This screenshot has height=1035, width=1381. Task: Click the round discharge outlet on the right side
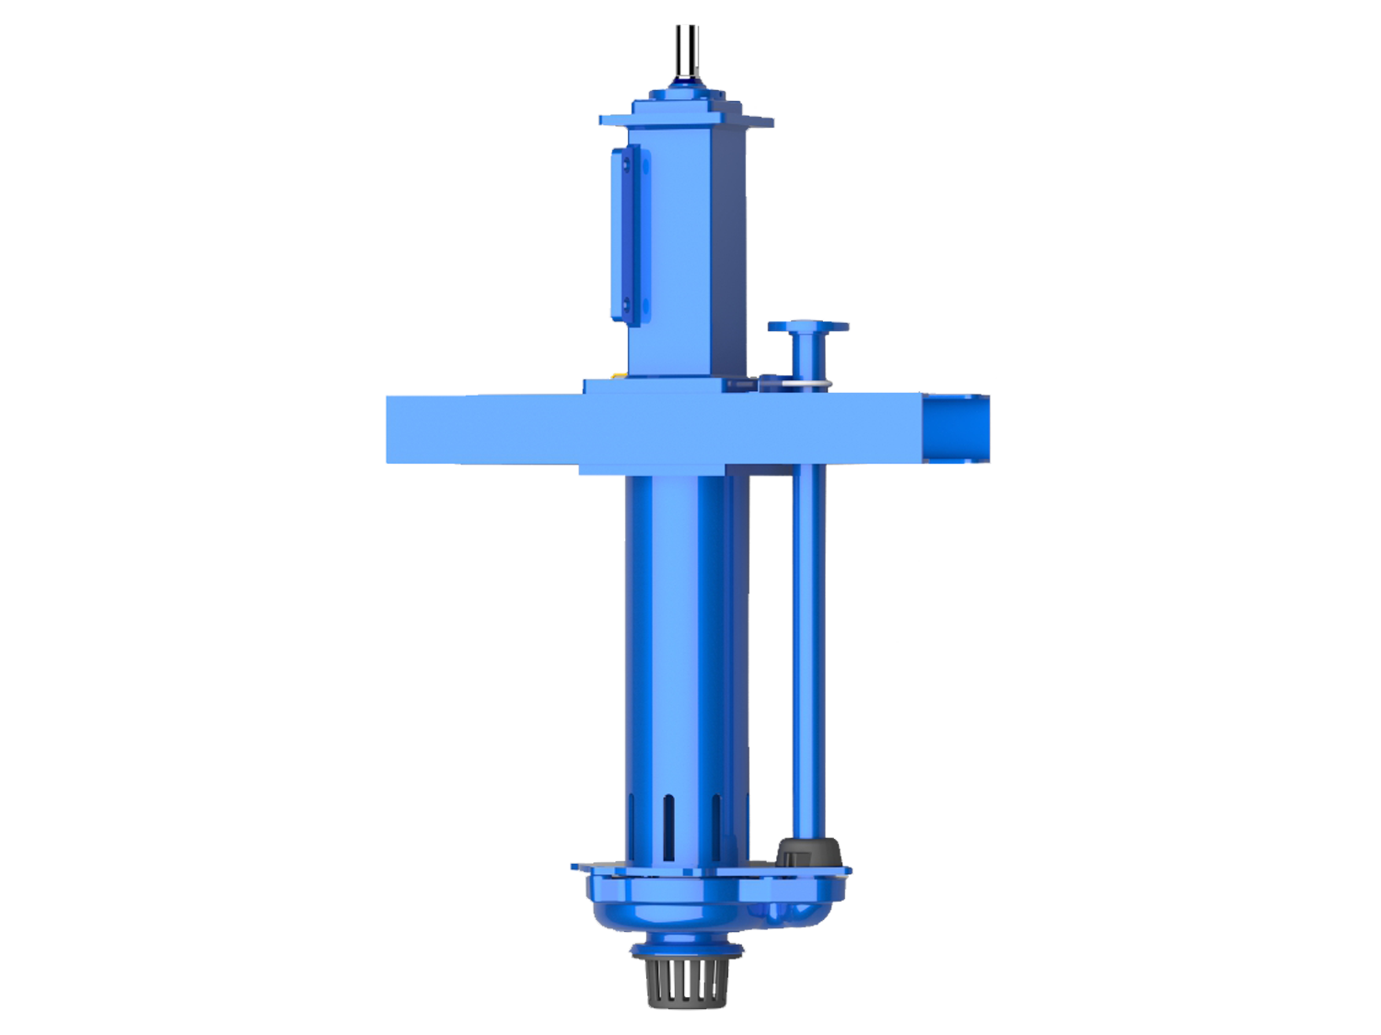(957, 428)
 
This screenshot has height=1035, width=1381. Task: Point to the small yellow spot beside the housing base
(617, 371)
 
